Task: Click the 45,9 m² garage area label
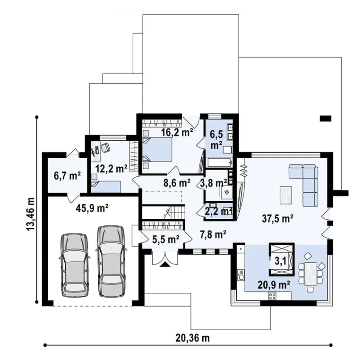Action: pyautogui.click(x=92, y=208)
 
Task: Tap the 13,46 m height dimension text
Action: pyautogui.click(x=30, y=214)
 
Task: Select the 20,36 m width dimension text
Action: pyautogui.click(x=193, y=338)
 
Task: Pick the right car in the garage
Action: pyautogui.click(x=111, y=261)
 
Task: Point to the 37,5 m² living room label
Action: pyautogui.click(x=278, y=218)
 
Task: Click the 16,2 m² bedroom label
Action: pyautogui.click(x=177, y=132)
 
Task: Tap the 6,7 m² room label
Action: pyautogui.click(x=67, y=176)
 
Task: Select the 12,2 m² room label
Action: pyautogui.click(x=112, y=169)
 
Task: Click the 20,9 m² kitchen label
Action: pyautogui.click(x=274, y=285)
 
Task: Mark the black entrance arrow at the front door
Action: pyautogui.click(x=165, y=264)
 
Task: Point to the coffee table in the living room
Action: pyautogui.click(x=286, y=195)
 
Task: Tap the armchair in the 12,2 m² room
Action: pyautogui.click(x=105, y=147)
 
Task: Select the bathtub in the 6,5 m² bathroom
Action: pyautogui.click(x=219, y=162)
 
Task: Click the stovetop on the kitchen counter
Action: pyautogui.click(x=272, y=296)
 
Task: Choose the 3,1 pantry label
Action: pyautogui.click(x=281, y=261)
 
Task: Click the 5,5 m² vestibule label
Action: pyautogui.click(x=165, y=240)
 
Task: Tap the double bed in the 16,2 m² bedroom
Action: pyautogui.click(x=157, y=150)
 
